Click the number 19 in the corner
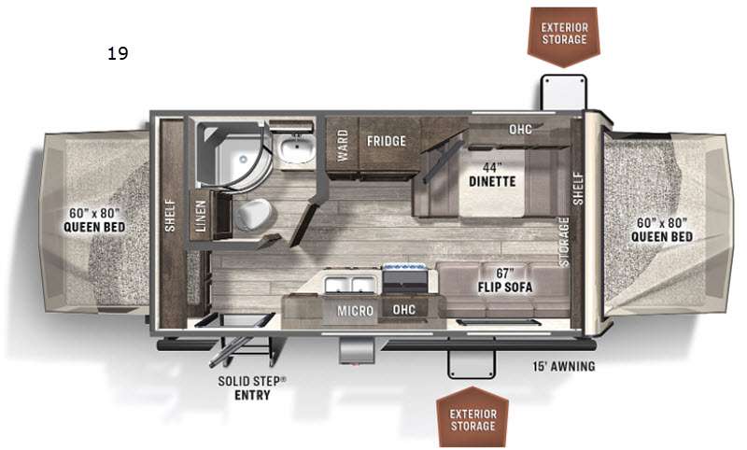118,53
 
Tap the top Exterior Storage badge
565,32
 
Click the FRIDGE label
386,142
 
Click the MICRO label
355,311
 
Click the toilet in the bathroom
251,213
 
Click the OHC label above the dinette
520,129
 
